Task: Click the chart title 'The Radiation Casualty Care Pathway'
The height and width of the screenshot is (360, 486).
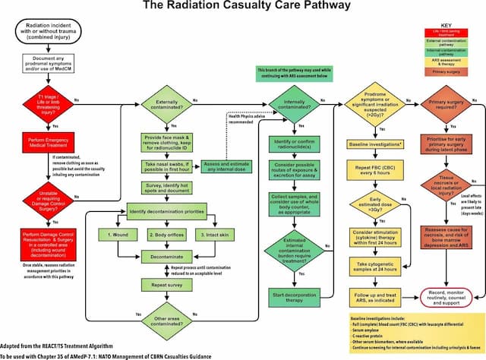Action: (242, 7)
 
